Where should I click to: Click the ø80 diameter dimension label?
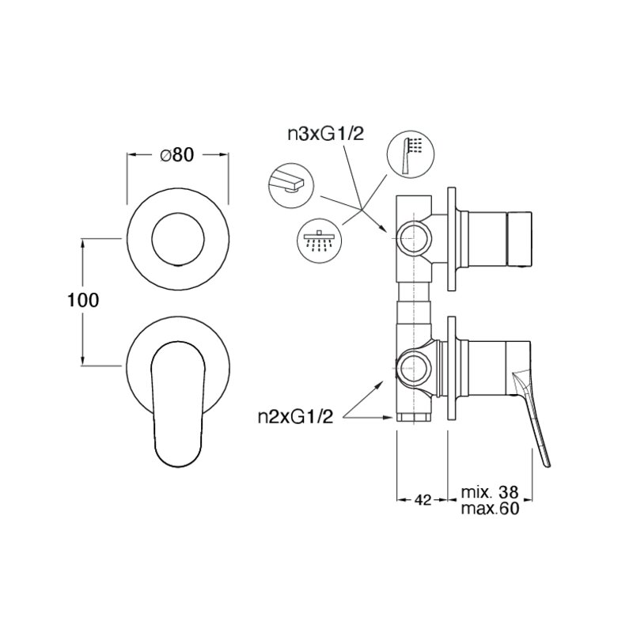(x=176, y=155)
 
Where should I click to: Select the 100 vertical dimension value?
(x=83, y=301)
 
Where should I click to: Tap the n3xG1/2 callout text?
(x=325, y=134)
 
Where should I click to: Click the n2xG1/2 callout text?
(x=295, y=417)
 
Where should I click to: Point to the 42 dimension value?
(x=423, y=500)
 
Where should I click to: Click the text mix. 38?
(x=489, y=492)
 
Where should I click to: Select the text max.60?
(x=490, y=509)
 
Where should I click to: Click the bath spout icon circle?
(x=290, y=185)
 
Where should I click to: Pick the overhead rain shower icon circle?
(x=320, y=241)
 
